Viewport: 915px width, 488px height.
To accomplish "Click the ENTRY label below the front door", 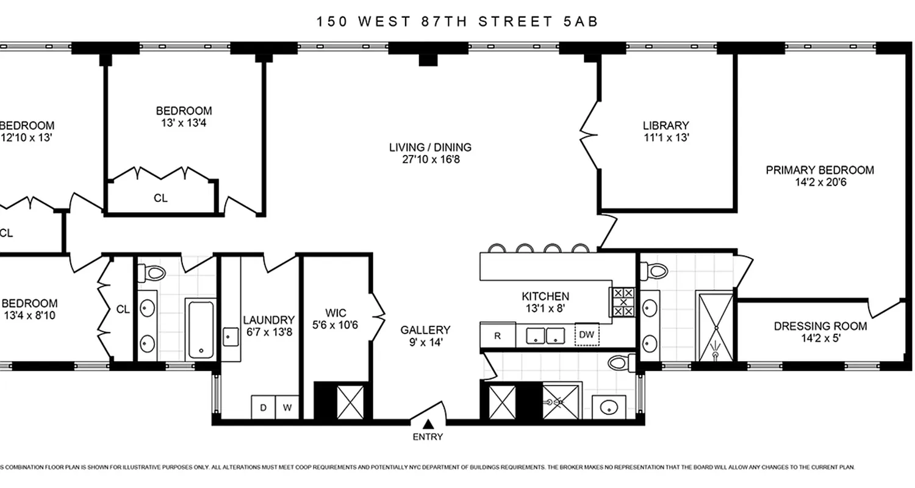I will pyautogui.click(x=428, y=437).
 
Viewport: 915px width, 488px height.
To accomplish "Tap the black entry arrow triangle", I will pyautogui.click(x=428, y=424).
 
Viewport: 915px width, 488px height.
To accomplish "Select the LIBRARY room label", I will pyautogui.click(x=666, y=126).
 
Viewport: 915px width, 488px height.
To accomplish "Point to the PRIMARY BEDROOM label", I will pyautogui.click(x=819, y=170).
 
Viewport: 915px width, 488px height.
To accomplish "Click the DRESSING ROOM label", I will pyautogui.click(x=820, y=326).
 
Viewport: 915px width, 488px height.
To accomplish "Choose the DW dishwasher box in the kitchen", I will pyautogui.click(x=586, y=335).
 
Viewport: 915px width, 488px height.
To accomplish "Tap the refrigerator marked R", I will pyautogui.click(x=497, y=335).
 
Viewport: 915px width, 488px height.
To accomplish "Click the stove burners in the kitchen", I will pyautogui.click(x=623, y=302).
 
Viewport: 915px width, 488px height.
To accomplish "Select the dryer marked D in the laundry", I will pyautogui.click(x=263, y=407).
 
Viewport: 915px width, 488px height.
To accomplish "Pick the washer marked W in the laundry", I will pyautogui.click(x=287, y=407).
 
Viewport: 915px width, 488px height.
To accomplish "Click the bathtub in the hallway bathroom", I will pyautogui.click(x=200, y=329).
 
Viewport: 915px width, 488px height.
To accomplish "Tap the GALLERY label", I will pyautogui.click(x=425, y=330).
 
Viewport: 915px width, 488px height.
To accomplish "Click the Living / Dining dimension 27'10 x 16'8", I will pyautogui.click(x=430, y=160).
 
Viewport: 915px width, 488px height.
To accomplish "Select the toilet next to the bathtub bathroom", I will pyautogui.click(x=153, y=272).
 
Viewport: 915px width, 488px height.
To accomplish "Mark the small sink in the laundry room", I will pyautogui.click(x=230, y=336).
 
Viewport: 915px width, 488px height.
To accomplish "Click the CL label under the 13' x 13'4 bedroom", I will pyautogui.click(x=160, y=198).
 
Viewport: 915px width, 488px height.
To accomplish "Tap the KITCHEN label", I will pyautogui.click(x=545, y=296).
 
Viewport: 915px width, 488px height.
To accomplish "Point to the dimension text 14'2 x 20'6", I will pyautogui.click(x=819, y=182).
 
